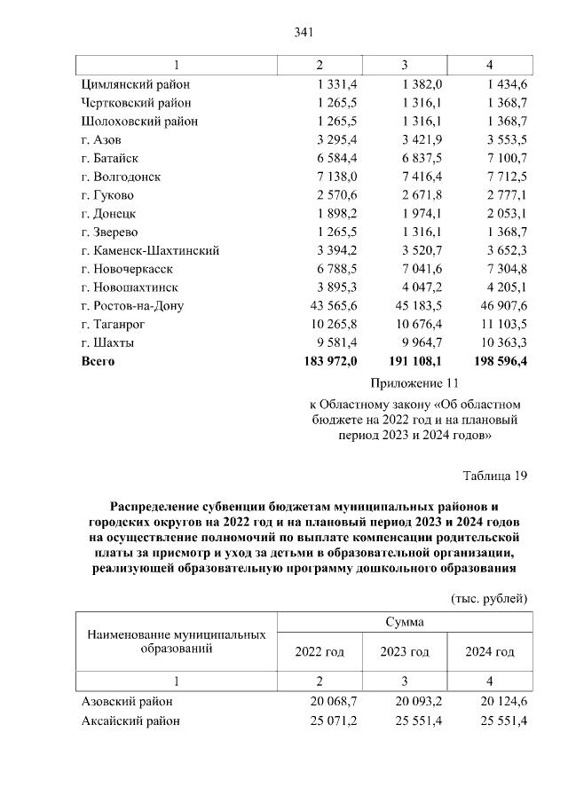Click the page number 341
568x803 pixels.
tap(304, 33)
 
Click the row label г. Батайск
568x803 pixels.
tap(110, 158)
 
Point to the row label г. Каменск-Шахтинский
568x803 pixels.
tap(149, 250)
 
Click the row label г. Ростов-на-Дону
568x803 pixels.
tap(131, 306)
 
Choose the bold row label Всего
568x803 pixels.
tap(98, 361)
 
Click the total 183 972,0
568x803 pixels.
tap(330, 361)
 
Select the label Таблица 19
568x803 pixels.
tap(495, 476)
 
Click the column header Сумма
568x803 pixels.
tap(404, 622)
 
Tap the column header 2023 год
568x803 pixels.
tap(405, 652)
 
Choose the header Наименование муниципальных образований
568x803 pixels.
tap(176, 642)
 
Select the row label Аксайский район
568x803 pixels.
tap(130, 720)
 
